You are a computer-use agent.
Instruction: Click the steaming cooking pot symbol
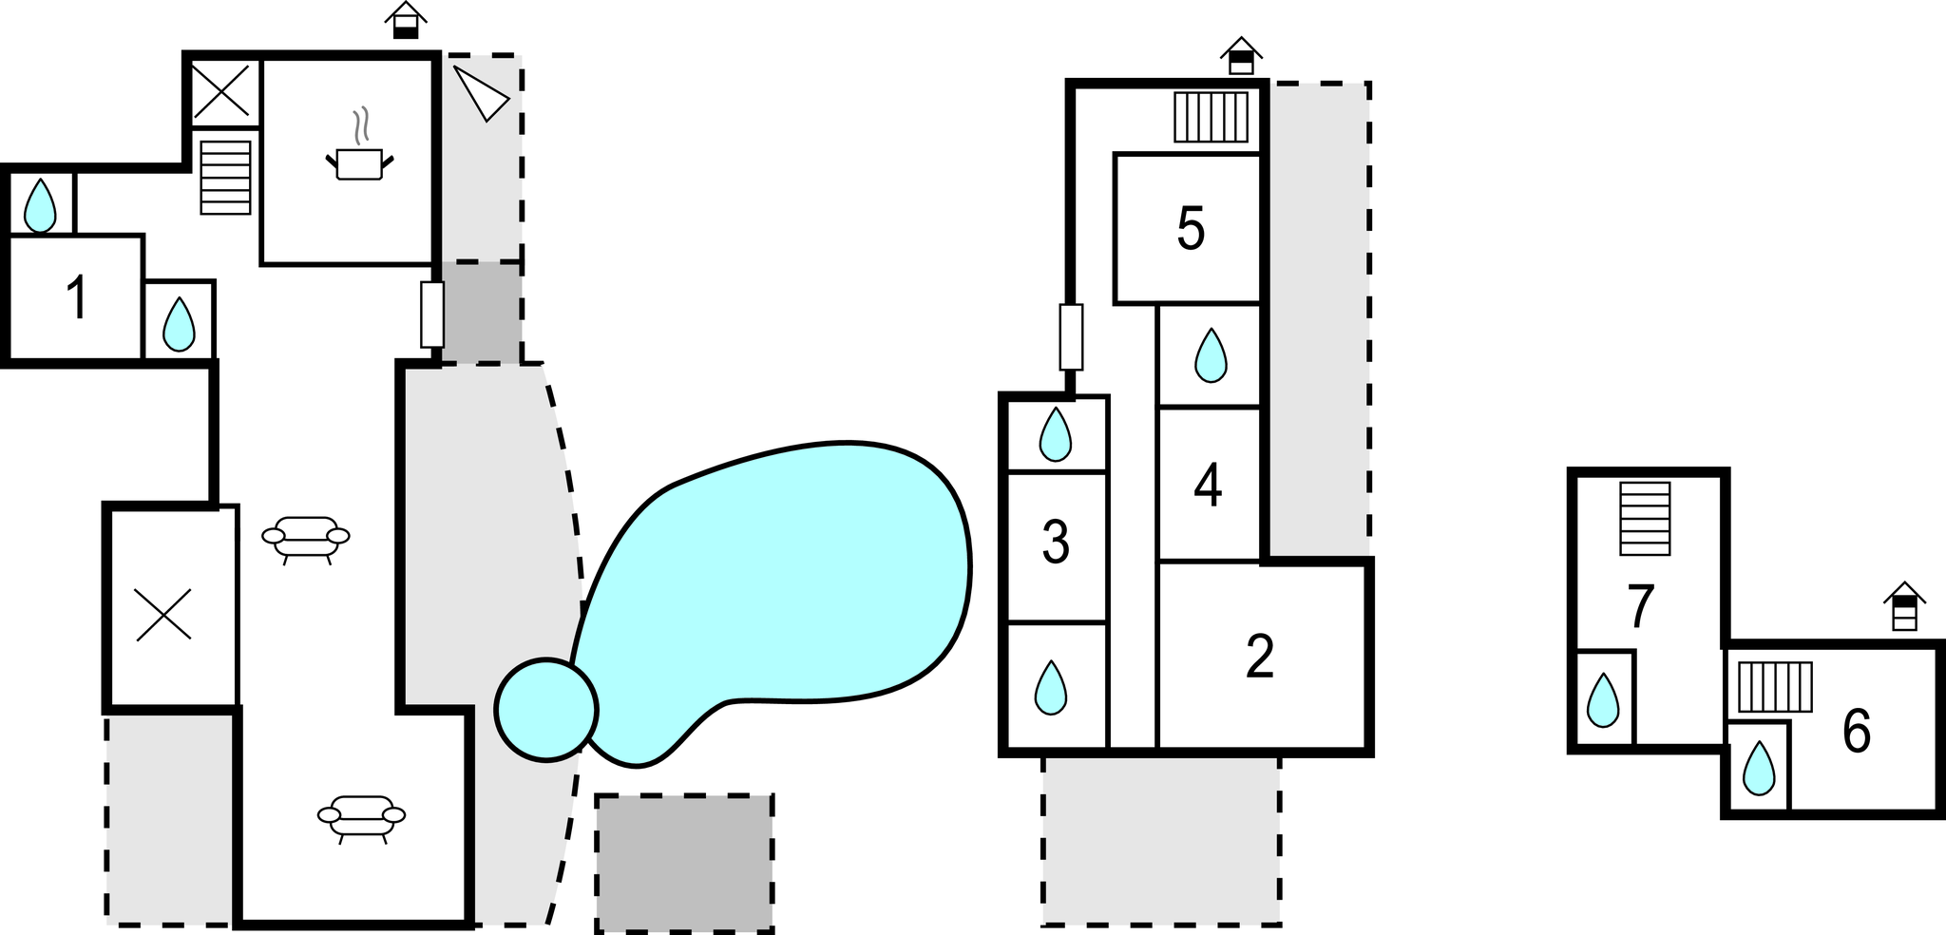click(x=359, y=144)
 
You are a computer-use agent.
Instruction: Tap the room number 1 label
click(x=77, y=297)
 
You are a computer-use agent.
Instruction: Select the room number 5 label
click(x=1191, y=228)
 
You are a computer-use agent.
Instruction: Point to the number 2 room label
click(x=1259, y=657)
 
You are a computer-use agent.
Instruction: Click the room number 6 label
click(x=1857, y=732)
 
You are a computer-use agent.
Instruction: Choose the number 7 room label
click(x=1641, y=606)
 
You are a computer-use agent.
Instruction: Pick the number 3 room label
click(x=1056, y=544)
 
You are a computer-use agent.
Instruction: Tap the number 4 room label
click(x=1208, y=486)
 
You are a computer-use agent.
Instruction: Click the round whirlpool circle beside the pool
click(x=546, y=710)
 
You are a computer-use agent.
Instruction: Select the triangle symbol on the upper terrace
click(x=482, y=92)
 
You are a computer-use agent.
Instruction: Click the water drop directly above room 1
click(x=40, y=204)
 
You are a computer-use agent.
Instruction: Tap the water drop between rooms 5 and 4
click(x=1211, y=354)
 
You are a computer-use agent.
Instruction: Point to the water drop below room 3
click(x=1050, y=687)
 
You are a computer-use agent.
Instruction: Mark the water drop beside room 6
click(x=1759, y=768)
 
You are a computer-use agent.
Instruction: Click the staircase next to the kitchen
click(x=226, y=177)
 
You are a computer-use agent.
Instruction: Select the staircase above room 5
click(x=1211, y=117)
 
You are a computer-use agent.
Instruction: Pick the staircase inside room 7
click(x=1645, y=519)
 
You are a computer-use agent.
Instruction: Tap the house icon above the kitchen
click(x=406, y=21)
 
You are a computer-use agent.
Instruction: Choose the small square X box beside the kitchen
click(x=226, y=92)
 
